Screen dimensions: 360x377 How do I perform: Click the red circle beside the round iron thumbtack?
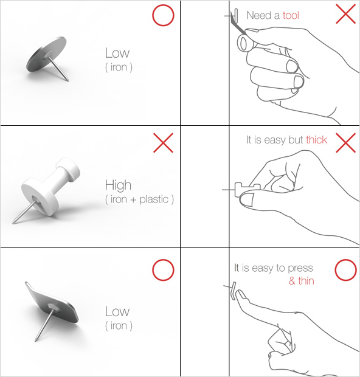163,15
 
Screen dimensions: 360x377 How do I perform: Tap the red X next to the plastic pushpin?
163,142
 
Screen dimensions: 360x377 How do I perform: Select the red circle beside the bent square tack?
163,270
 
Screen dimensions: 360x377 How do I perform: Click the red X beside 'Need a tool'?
345,14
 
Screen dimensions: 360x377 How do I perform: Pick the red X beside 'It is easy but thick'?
345,143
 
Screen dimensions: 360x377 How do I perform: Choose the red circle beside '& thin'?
345,270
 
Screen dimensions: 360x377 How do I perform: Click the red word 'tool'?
291,15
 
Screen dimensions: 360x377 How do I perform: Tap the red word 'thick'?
316,140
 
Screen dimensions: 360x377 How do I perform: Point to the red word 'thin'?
306,280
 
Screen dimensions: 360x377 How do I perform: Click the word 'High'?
118,185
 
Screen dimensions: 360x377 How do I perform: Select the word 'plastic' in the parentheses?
154,199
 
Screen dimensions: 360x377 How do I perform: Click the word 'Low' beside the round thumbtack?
117,53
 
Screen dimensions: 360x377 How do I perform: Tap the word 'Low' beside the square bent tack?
117,311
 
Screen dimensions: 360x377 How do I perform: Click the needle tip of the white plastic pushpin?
13,223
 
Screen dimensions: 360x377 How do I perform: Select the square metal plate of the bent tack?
52,302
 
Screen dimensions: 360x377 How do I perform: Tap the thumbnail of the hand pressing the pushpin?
247,199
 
